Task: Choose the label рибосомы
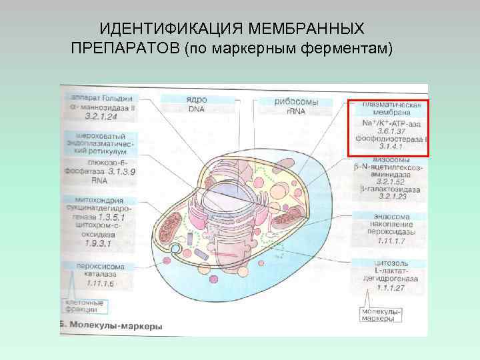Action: (296, 102)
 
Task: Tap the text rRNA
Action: (296, 111)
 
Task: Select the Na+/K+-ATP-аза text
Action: (390, 123)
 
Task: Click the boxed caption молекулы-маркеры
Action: (381, 315)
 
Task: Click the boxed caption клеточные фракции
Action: (85, 306)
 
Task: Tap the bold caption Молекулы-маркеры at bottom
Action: (114, 327)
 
